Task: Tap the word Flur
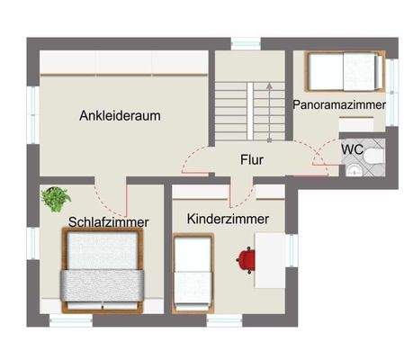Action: [251, 161]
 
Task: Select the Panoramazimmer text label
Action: [339, 105]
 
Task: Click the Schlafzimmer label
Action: [108, 221]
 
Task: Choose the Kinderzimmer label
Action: [228, 219]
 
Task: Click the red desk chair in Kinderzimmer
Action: [247, 260]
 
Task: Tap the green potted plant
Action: [56, 197]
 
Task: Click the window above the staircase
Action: [245, 43]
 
